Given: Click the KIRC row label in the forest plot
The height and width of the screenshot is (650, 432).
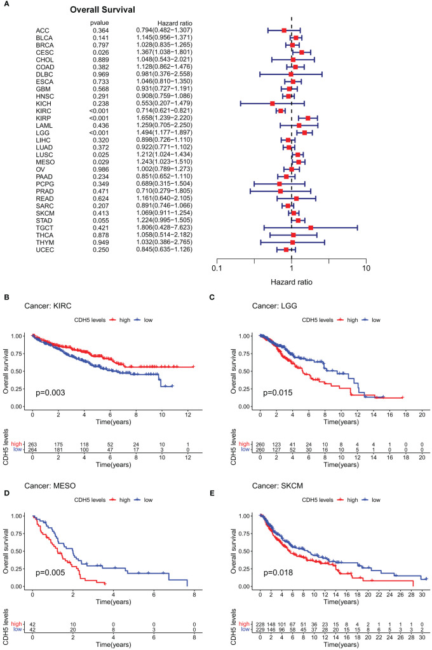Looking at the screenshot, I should [x=44, y=110].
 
